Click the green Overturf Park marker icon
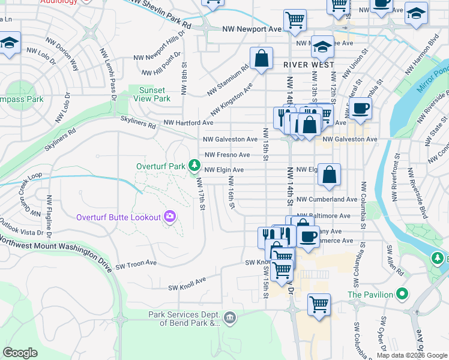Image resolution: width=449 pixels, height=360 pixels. coord(194,164)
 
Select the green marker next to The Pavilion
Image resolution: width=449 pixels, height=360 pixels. coord(403,295)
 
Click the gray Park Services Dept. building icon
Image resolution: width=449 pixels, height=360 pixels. coord(229,317)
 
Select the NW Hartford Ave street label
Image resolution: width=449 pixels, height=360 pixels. coord(188,122)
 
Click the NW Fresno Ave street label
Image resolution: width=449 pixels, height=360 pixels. coord(228,155)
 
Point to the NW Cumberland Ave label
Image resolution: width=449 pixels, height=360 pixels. coord(328,199)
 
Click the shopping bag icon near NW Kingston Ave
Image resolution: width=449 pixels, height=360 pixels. coord(261,59)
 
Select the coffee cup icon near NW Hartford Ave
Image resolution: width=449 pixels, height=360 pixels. coord(361,108)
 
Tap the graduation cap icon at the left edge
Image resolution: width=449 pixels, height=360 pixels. coord(9,43)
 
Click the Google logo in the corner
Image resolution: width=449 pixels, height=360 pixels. coord(20,352)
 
